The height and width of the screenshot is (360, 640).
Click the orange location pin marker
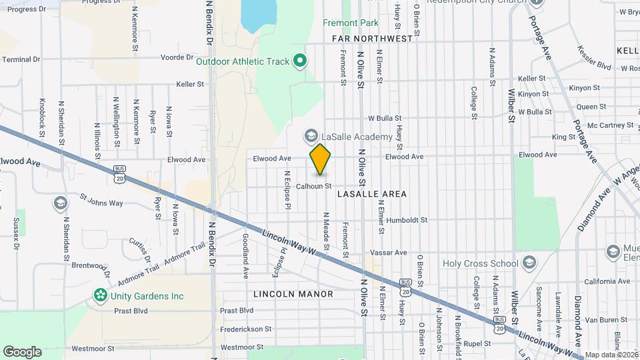[321, 160]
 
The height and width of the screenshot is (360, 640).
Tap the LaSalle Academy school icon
[310, 137]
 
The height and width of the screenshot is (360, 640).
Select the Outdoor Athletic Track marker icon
[300, 61]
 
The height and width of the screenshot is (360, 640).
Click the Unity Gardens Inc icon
[100, 294]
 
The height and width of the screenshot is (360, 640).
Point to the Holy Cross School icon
[529, 262]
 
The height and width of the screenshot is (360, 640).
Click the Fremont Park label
[351, 23]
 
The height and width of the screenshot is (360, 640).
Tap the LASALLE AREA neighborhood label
[371, 194]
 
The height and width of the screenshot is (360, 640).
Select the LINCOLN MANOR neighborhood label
[293, 294]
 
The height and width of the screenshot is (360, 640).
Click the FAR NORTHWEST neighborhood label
[373, 39]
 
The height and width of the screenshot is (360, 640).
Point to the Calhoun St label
[314, 186]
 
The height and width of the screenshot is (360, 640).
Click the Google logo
[22, 351]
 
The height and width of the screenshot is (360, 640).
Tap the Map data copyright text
[611, 355]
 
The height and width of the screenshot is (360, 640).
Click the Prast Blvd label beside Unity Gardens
[131, 311]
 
